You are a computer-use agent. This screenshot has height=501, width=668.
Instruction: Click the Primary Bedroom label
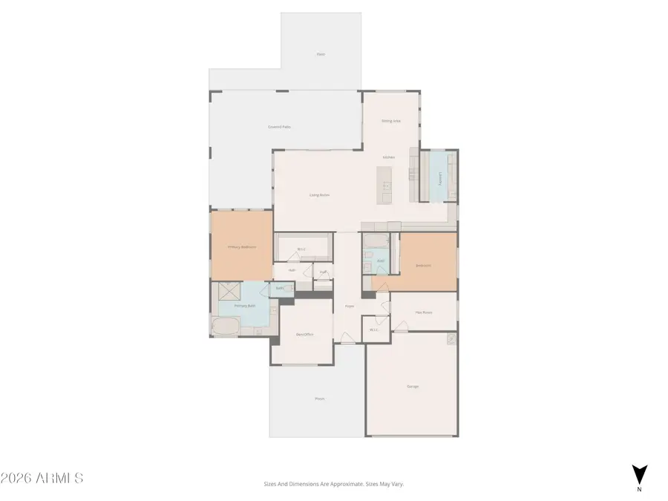242,247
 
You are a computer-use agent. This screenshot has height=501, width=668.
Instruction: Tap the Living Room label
320,195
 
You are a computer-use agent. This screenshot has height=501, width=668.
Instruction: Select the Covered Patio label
279,127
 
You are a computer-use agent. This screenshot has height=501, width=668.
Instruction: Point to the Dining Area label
391,120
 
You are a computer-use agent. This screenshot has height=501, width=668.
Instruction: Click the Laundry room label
440,179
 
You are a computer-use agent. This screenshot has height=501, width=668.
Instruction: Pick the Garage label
412,387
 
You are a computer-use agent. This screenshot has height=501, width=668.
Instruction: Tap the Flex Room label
424,312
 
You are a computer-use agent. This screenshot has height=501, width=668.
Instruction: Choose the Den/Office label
304,335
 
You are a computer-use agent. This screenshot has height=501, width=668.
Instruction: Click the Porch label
319,399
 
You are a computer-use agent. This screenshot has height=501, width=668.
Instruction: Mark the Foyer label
349,306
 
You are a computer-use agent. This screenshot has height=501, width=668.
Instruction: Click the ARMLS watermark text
42,478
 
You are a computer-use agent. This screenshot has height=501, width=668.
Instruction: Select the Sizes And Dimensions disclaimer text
333,484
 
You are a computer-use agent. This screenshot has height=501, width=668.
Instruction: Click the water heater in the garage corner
451,338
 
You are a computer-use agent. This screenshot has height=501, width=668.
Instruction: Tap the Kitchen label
388,157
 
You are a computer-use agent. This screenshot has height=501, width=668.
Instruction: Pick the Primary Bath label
245,306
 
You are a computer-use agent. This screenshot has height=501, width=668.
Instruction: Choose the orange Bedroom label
423,265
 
